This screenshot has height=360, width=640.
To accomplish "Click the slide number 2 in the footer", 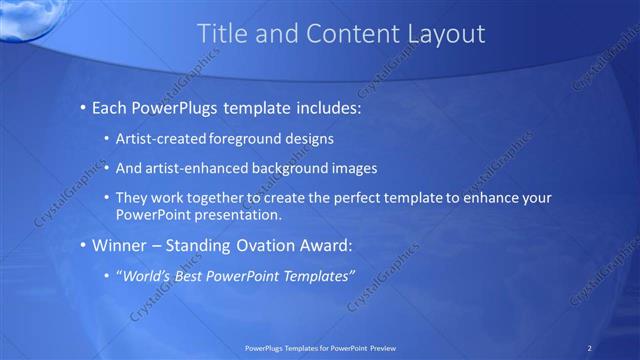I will point(591,347).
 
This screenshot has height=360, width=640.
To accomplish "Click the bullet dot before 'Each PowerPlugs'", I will point(82,106).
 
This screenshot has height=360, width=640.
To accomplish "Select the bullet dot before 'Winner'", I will point(82,245).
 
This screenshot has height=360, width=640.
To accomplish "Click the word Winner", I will point(119,245).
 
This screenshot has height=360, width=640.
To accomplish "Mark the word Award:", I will point(325,245).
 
